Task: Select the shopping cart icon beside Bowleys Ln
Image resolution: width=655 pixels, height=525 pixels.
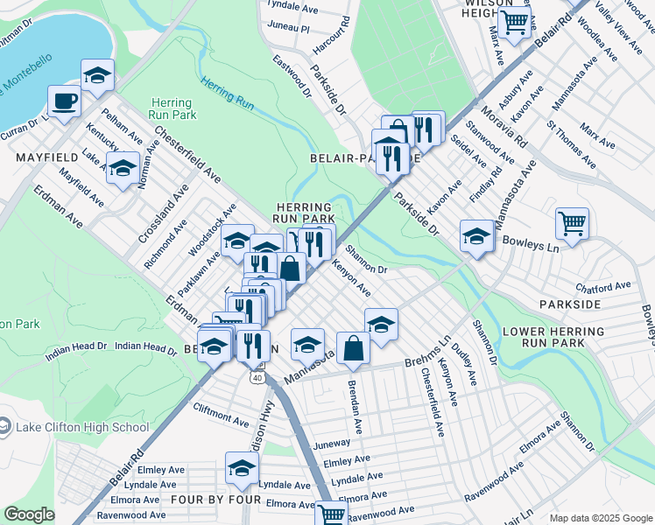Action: coord(572,222)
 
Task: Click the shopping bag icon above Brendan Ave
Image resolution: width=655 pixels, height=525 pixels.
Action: coord(353,347)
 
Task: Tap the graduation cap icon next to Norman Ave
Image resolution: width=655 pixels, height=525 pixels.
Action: coord(123,166)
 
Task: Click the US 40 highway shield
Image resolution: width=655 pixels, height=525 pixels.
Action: coord(256,377)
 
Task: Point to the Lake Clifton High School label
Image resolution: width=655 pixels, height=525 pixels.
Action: coord(83,427)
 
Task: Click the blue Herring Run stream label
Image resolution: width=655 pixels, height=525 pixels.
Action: coord(227,93)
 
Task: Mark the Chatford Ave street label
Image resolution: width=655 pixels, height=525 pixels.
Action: coord(602,286)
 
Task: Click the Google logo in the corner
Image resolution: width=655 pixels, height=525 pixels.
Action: coord(30,514)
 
